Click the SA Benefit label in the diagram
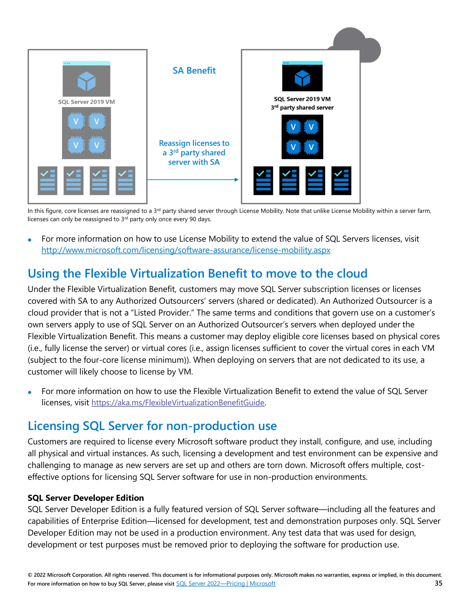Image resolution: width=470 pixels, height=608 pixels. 194,70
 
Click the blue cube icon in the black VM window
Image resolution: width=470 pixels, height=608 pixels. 302,78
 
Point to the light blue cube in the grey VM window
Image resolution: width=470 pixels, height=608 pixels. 86,81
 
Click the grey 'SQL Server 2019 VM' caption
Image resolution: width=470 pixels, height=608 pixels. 86,102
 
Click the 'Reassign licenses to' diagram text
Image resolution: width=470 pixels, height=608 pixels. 194,143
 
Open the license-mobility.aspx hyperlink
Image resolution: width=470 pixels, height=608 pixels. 186,250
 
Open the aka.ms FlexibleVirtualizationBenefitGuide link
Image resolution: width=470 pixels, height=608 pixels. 178,403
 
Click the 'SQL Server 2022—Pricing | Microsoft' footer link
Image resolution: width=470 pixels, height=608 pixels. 226,583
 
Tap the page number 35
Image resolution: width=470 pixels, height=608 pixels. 438,583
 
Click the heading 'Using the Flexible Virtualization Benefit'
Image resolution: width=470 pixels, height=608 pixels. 197,273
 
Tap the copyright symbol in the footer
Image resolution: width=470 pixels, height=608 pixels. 30,575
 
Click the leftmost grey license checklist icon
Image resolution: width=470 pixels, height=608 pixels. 47,181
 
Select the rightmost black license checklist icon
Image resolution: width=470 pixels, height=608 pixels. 341,181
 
